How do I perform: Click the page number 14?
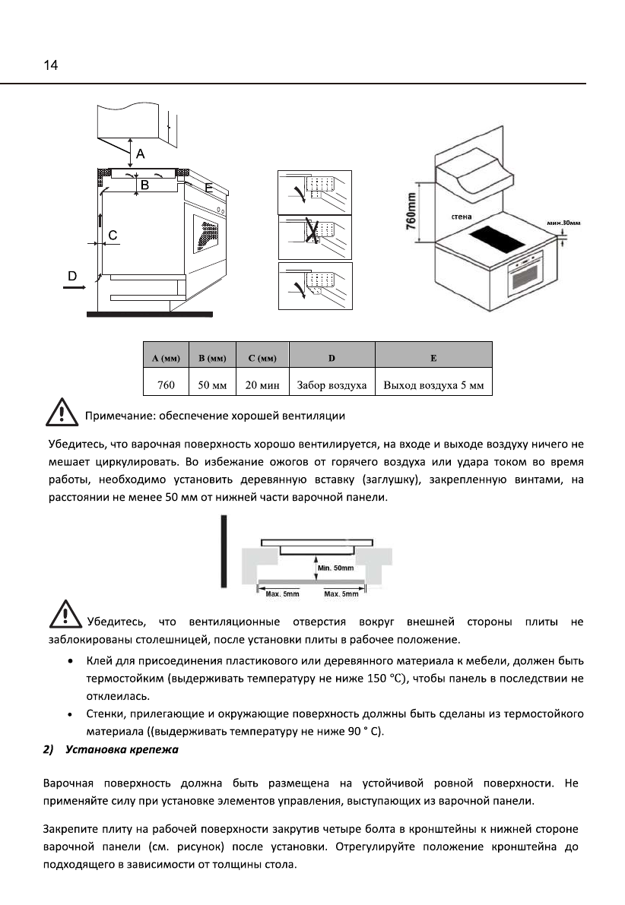click(50, 65)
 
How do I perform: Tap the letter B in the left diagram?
click(143, 184)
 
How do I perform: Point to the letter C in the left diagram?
click(113, 236)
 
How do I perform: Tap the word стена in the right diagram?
click(462, 217)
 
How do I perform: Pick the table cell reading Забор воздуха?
click(332, 384)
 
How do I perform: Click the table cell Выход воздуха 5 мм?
click(434, 384)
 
